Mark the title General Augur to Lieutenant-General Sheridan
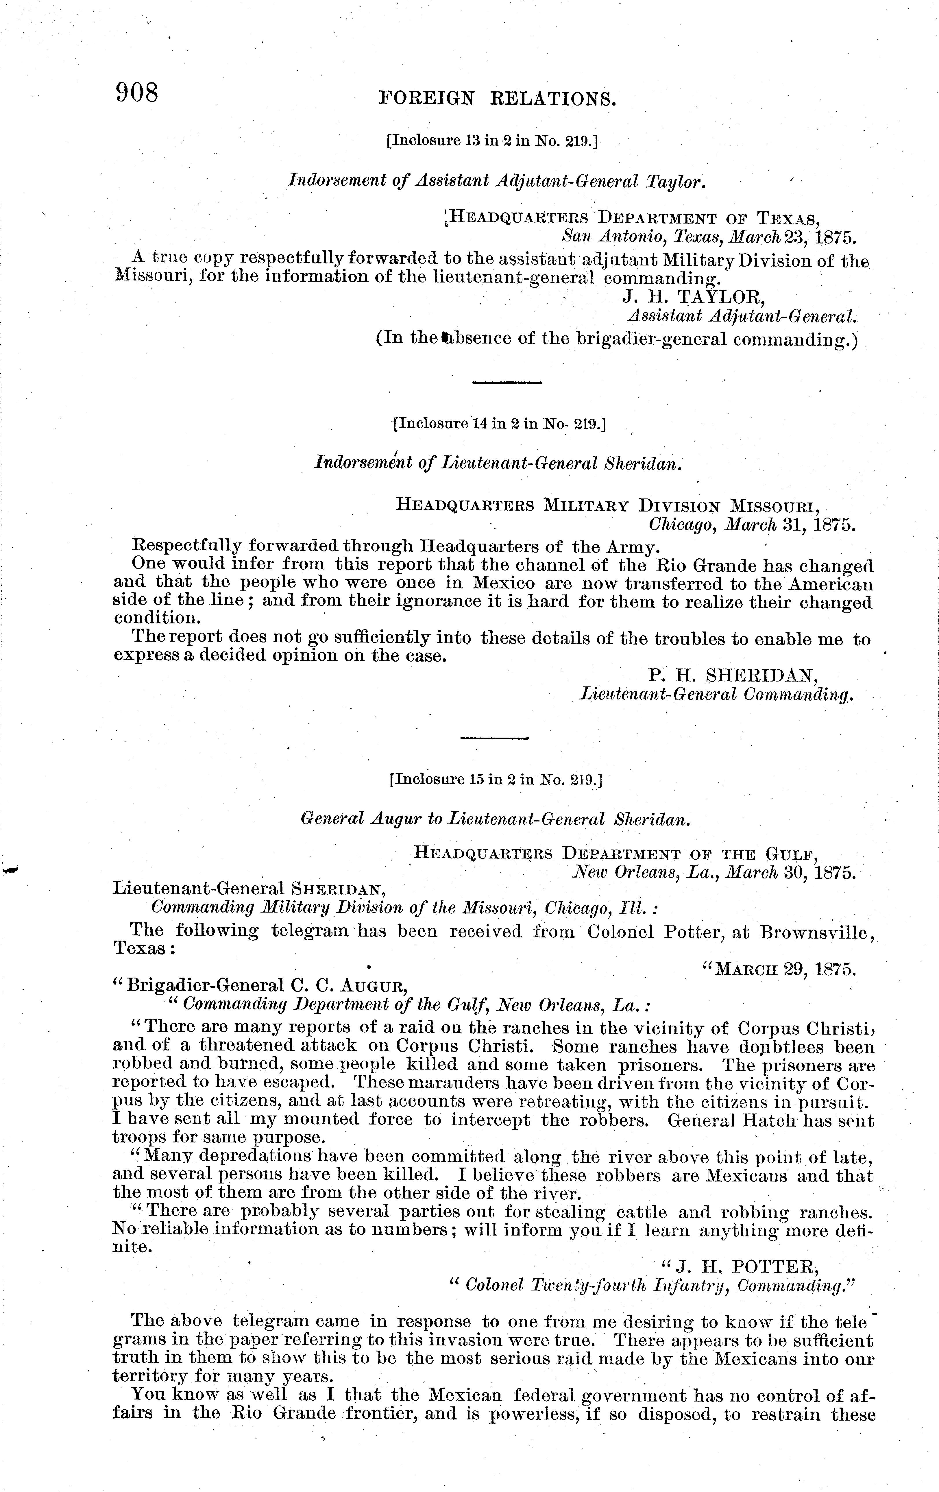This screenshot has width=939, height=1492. tap(494, 819)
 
